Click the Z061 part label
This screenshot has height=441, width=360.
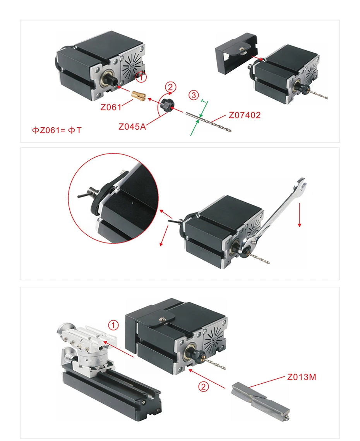(x=111, y=107)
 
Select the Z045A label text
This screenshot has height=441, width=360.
(x=132, y=126)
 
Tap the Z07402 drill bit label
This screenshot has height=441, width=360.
(x=245, y=115)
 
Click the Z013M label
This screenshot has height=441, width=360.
(x=302, y=377)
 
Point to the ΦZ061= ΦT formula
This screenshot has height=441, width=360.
(x=57, y=130)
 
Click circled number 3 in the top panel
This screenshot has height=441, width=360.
(x=194, y=95)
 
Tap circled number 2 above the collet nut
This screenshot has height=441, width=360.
(x=170, y=87)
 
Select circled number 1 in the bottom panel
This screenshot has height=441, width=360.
(x=113, y=325)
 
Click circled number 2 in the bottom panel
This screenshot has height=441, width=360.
(x=204, y=386)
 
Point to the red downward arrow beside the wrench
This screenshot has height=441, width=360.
(x=300, y=215)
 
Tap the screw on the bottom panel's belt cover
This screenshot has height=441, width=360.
(x=163, y=319)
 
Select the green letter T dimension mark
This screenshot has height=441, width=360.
(x=204, y=101)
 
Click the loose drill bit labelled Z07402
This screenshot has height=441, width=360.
(x=208, y=122)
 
